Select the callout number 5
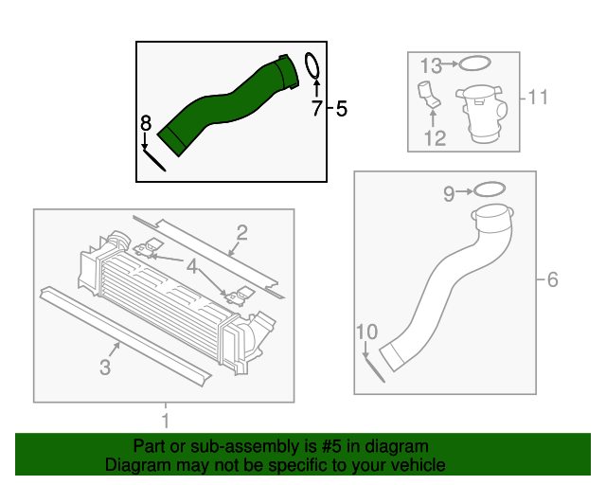(x=342, y=109)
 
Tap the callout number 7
(x=316, y=109)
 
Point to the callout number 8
(x=145, y=122)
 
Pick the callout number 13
(x=431, y=65)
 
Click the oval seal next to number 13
(x=473, y=64)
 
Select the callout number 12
(x=434, y=139)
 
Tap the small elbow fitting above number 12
(x=428, y=98)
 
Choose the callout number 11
(x=538, y=97)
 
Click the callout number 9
(x=449, y=193)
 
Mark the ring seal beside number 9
(x=487, y=190)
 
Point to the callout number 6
(x=553, y=279)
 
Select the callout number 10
(x=366, y=332)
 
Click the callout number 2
(x=242, y=232)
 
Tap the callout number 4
(x=193, y=267)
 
